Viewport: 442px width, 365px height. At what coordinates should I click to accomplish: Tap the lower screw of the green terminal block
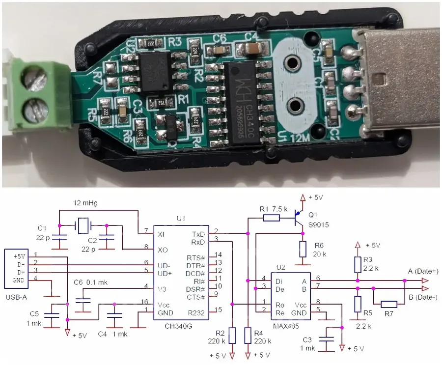point(33,109)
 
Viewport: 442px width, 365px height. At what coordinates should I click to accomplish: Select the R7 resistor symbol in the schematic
point(388,304)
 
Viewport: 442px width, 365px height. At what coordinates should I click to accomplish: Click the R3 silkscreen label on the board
point(175,41)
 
